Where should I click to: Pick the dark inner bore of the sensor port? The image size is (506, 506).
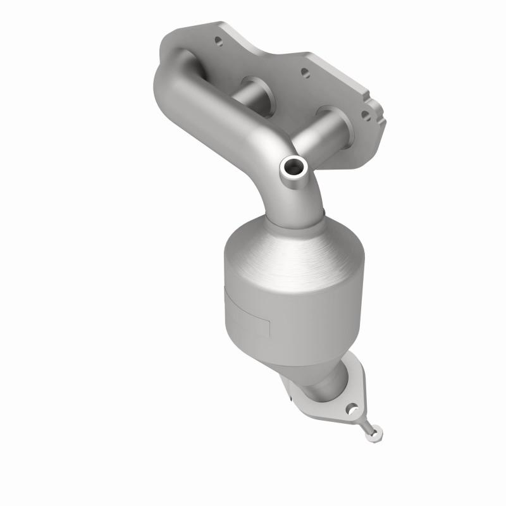pos(294,167)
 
